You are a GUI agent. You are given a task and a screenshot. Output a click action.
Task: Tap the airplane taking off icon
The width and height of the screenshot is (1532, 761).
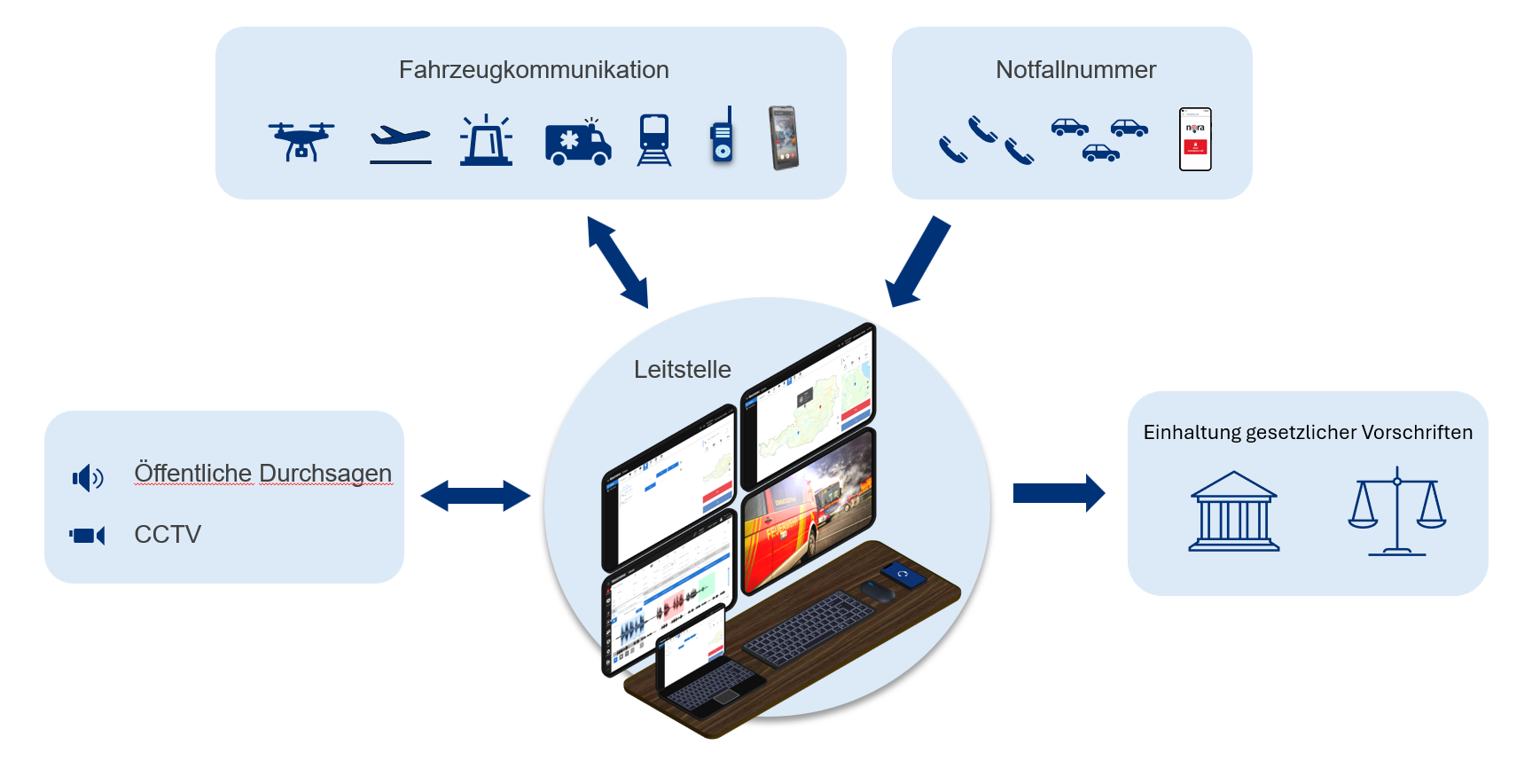click(x=400, y=143)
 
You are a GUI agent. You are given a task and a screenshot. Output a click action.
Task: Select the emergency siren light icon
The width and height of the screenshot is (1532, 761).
click(x=486, y=141)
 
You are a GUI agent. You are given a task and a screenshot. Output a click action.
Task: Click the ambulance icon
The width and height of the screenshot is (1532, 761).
click(x=578, y=143)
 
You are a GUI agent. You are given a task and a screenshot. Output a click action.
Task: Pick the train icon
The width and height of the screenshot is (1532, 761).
click(x=654, y=140)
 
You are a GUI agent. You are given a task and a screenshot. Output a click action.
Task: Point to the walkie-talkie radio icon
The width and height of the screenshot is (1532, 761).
click(x=723, y=137)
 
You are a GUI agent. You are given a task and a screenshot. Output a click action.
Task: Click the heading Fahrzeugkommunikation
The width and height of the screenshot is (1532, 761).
click(x=534, y=70)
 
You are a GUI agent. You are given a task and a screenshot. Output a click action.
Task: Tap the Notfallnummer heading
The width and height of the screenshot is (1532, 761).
click(x=1075, y=70)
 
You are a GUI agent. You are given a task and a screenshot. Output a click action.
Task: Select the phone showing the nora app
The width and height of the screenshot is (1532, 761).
click(x=1195, y=139)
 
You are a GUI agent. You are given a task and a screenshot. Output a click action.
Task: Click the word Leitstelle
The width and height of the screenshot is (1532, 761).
click(x=682, y=370)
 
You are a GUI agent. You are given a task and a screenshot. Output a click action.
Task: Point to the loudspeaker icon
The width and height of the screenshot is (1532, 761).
click(x=88, y=478)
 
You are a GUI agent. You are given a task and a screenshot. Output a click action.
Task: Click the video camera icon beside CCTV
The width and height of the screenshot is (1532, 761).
click(x=87, y=536)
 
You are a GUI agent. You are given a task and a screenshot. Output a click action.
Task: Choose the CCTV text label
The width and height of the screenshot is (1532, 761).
click(x=168, y=535)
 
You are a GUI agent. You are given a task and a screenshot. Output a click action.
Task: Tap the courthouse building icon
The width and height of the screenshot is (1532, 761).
click(x=1233, y=512)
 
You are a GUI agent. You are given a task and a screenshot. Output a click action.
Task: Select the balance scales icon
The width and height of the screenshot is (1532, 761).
click(x=1396, y=512)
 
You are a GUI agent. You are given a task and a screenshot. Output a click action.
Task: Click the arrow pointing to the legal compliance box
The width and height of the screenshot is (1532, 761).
click(x=1059, y=493)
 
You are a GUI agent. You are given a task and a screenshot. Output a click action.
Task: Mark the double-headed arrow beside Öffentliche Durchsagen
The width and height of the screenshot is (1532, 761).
click(x=475, y=496)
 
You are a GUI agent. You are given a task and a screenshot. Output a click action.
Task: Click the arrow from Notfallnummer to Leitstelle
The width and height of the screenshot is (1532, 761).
click(x=918, y=263)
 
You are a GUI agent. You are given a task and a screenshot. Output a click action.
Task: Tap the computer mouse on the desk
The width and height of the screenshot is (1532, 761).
click(x=878, y=592)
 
